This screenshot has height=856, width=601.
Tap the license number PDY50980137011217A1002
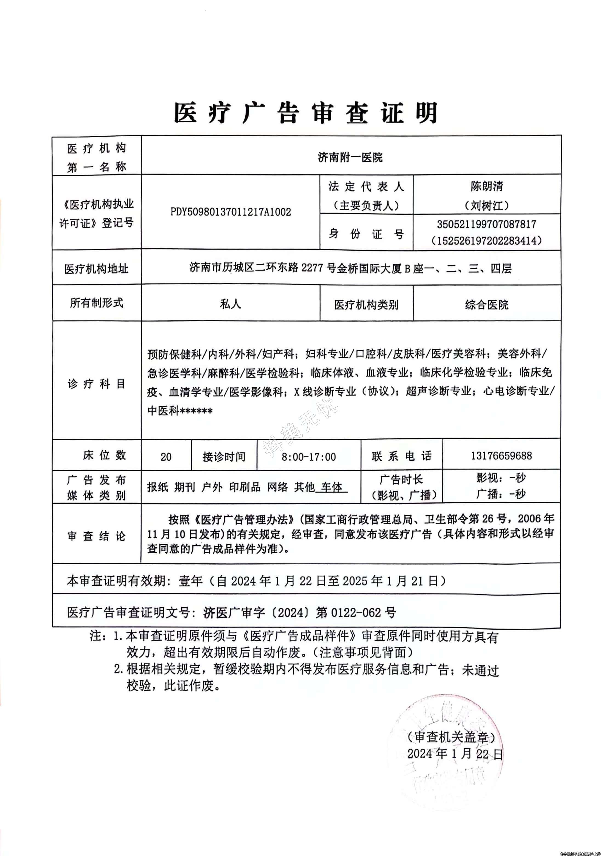pyautogui.click(x=230, y=212)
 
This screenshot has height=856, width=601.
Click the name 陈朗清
pyautogui.click(x=487, y=186)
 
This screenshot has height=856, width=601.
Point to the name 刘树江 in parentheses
pyautogui.click(x=487, y=205)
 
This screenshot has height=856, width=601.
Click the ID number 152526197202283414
pyautogui.click(x=487, y=240)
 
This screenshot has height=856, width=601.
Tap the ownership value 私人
pyautogui.click(x=230, y=304)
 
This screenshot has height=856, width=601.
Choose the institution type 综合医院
pyautogui.click(x=487, y=305)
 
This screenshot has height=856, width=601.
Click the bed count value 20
pyautogui.click(x=166, y=457)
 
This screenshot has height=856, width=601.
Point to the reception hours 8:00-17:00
pyautogui.click(x=308, y=457)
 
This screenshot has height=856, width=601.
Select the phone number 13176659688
pyautogui.click(x=501, y=456)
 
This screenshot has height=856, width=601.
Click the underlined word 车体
pyautogui.click(x=331, y=487)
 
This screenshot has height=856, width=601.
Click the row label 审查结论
pyautogui.click(x=96, y=536)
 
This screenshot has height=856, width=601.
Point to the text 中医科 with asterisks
pyautogui.click(x=180, y=411)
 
